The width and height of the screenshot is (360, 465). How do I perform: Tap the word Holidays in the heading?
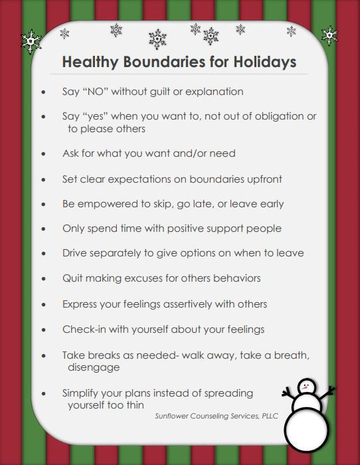259,62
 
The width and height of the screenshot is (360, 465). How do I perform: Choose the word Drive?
74,253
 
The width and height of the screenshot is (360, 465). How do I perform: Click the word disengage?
93,367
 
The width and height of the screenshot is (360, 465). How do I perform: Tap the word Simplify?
83,393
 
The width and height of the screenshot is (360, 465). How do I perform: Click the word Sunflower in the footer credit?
172,417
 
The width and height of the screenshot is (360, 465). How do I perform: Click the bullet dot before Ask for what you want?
44,154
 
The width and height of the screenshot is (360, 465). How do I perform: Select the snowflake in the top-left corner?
31,41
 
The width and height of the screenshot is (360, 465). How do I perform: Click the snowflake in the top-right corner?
329,35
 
